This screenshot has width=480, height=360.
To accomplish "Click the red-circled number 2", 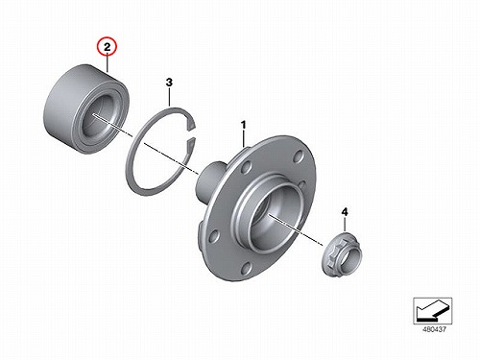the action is [x=108, y=47].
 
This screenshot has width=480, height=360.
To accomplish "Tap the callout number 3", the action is [x=169, y=83].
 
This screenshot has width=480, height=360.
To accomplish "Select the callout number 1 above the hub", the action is [x=244, y=125].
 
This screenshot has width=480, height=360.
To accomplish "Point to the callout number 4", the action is [x=345, y=212].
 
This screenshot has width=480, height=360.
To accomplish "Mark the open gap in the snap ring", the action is [x=191, y=134].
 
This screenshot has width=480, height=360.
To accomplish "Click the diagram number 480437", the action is [x=434, y=329].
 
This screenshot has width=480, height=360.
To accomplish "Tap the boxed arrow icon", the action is [x=433, y=310].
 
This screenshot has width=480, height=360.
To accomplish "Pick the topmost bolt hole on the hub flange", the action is [x=298, y=156].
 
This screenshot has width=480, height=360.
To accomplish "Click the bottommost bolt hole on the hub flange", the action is [x=246, y=268].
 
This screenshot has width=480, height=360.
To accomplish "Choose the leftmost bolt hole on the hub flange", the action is [x=212, y=238].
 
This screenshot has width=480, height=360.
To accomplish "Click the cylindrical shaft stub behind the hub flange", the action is [x=210, y=180].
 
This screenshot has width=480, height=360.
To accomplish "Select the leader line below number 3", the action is [x=169, y=97].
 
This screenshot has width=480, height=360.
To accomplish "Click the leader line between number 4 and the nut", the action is [x=345, y=224].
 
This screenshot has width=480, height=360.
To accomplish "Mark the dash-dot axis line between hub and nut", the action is [x=296, y=230].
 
